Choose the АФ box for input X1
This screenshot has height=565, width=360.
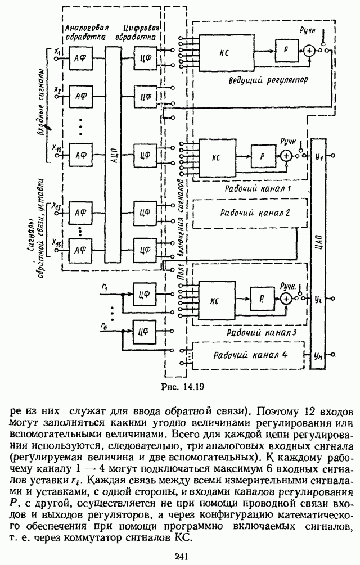[x=79, y=55]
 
